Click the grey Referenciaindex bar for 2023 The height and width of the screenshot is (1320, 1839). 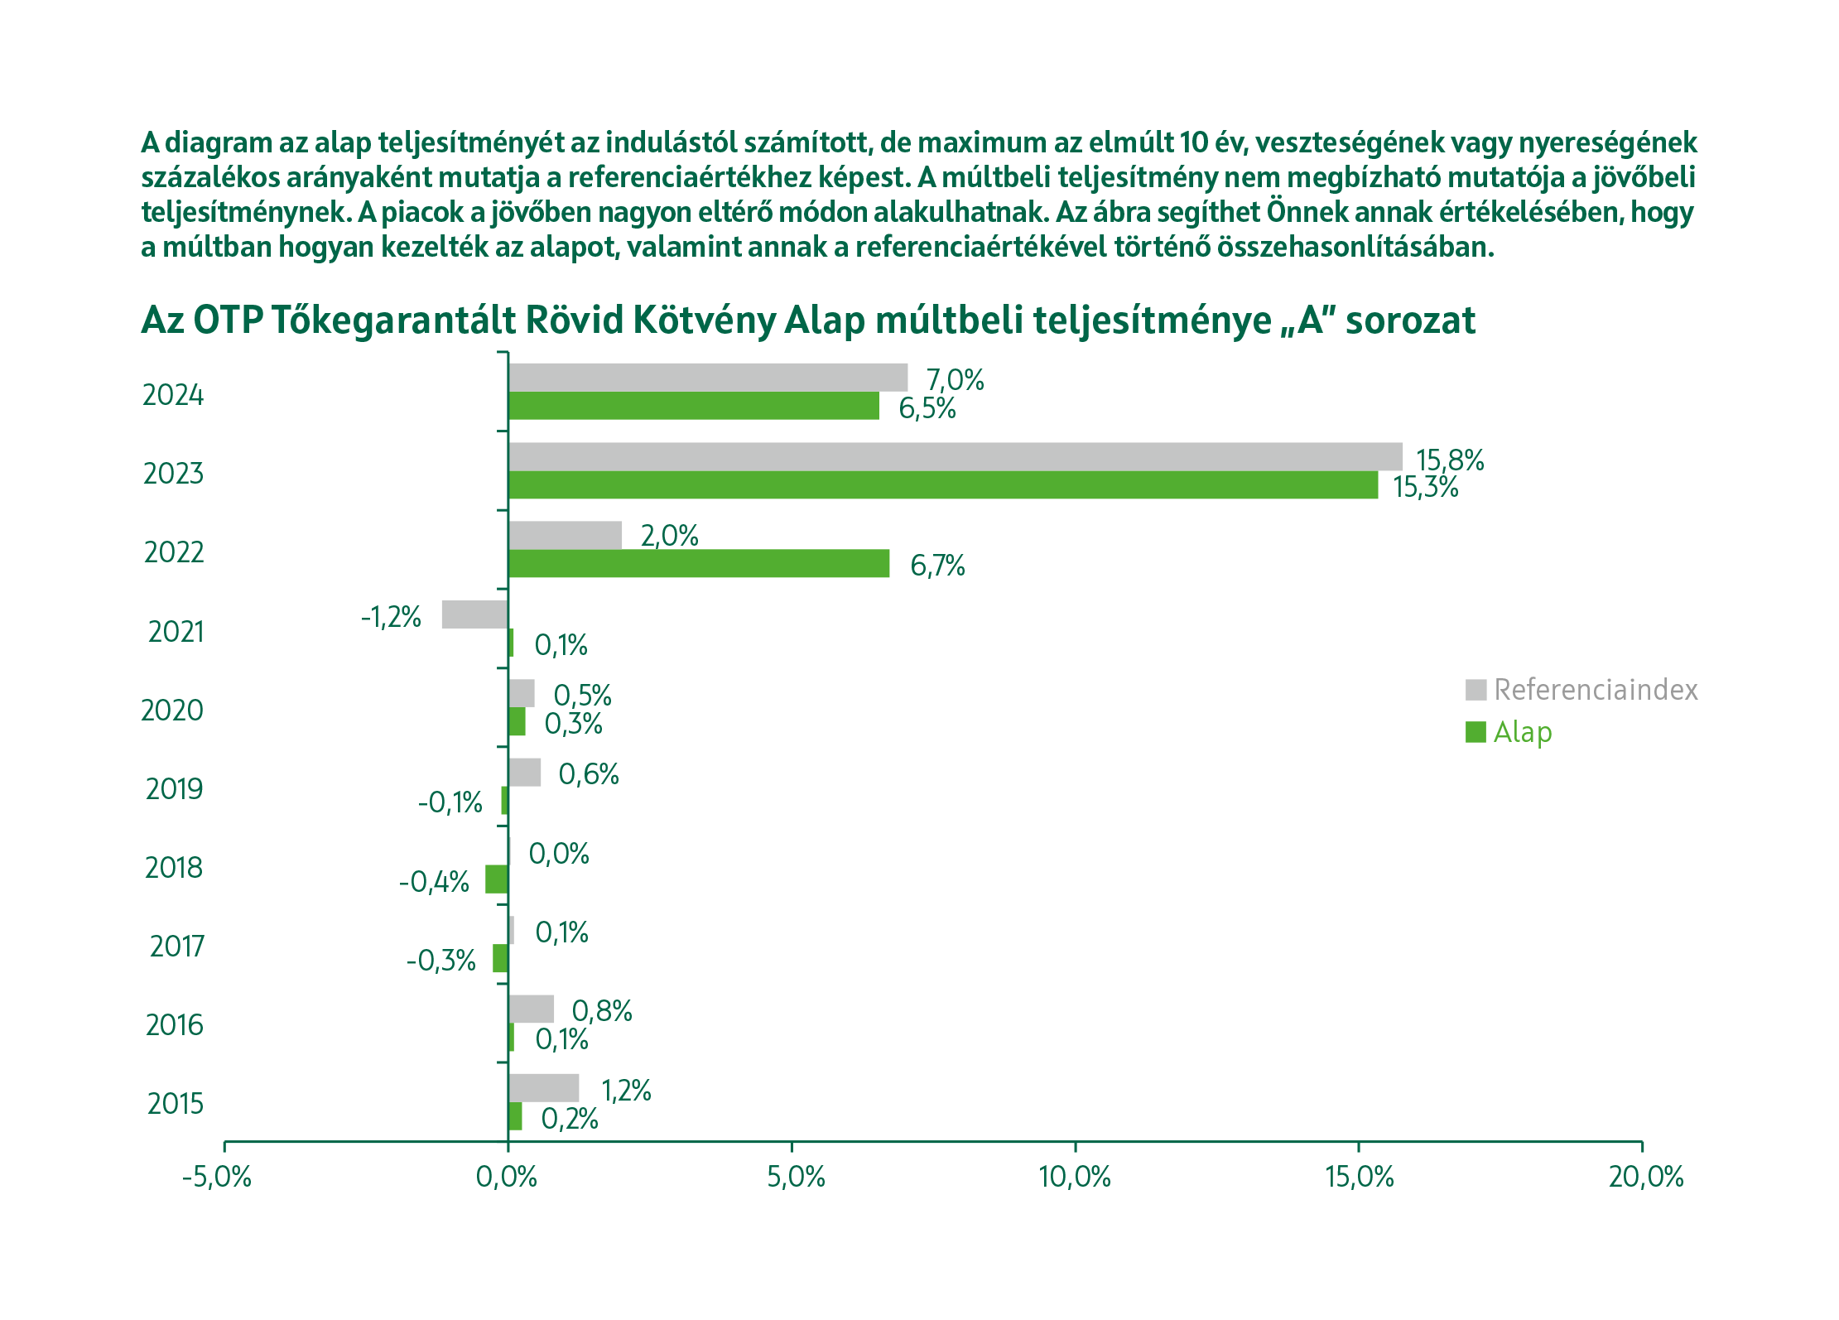955,457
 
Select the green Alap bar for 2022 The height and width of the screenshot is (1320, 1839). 698,563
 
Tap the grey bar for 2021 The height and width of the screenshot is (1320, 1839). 474,614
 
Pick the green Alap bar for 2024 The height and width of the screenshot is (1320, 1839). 693,406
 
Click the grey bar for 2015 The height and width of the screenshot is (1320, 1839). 543,1088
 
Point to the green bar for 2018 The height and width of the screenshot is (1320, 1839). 497,879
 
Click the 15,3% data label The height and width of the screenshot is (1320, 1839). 1425,487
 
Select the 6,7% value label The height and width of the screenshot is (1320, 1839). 937,566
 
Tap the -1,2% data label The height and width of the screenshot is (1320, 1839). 391,617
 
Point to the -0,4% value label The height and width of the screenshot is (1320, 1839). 434,882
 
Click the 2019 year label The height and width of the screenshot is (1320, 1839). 174,789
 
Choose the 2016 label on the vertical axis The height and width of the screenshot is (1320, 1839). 174,1025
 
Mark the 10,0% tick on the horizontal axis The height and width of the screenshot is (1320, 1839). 1075,1177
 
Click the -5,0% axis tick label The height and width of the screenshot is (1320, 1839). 217,1177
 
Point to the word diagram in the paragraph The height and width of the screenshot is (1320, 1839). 218,143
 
